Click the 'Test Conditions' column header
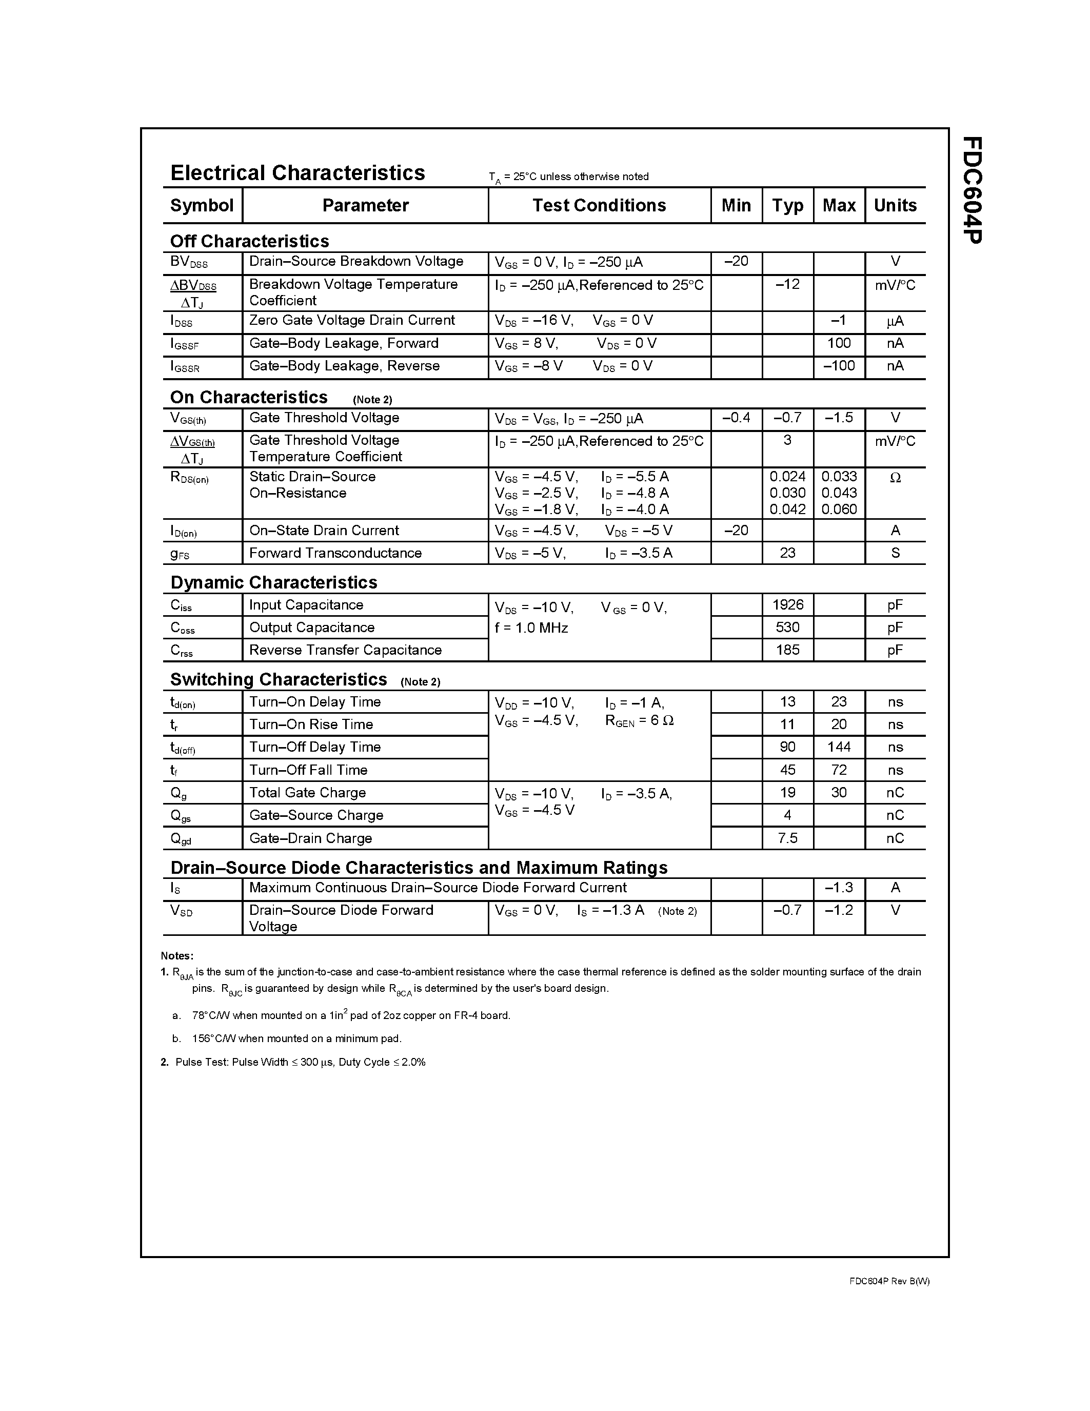[599, 205]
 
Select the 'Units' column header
[895, 205]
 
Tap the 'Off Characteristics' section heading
[249, 241]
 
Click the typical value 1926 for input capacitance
[787, 605]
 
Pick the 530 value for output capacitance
[787, 628]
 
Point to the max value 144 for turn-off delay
[838, 747]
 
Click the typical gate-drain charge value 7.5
[787, 838]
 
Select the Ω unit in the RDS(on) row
[895, 478]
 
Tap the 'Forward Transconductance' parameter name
[335, 553]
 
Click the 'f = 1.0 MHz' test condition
[531, 628]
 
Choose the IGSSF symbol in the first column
[185, 344]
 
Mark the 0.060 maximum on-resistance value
[838, 509]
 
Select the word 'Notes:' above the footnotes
[177, 955]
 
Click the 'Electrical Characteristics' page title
[298, 173]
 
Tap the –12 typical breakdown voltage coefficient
[787, 284]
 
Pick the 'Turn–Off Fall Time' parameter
[308, 770]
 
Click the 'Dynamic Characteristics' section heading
[273, 582]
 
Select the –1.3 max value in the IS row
[838, 888]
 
